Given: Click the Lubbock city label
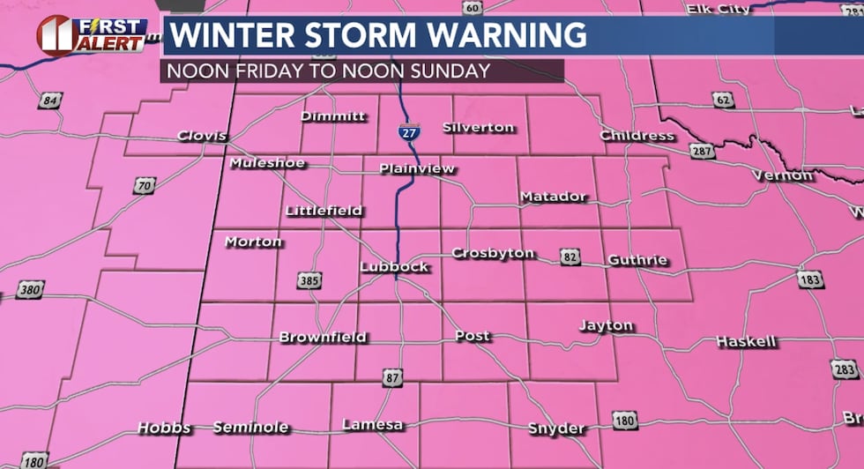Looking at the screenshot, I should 394,266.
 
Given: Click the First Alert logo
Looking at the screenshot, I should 92,34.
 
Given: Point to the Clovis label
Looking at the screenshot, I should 202,136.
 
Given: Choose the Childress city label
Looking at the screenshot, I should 637,135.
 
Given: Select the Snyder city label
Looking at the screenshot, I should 555,428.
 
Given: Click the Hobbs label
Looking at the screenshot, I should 164,428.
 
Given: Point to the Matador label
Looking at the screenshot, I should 553,196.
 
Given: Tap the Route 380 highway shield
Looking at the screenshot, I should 29,289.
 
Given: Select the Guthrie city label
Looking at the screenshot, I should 637,260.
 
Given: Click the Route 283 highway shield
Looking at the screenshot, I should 844,368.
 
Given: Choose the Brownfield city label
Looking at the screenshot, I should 323,337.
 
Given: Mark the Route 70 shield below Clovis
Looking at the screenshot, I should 145,187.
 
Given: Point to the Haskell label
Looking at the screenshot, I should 746,341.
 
